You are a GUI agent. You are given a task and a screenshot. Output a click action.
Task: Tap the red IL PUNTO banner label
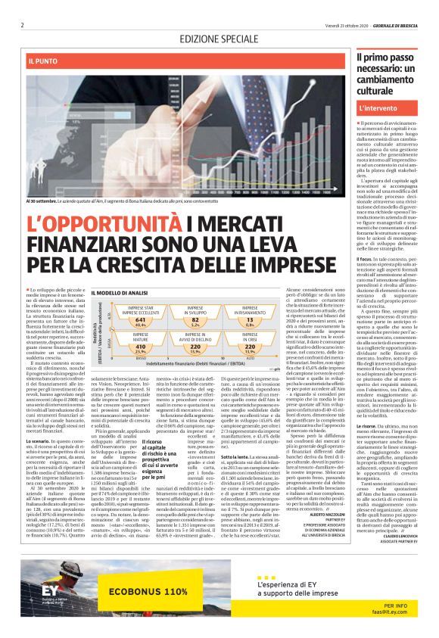tap(44, 60)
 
